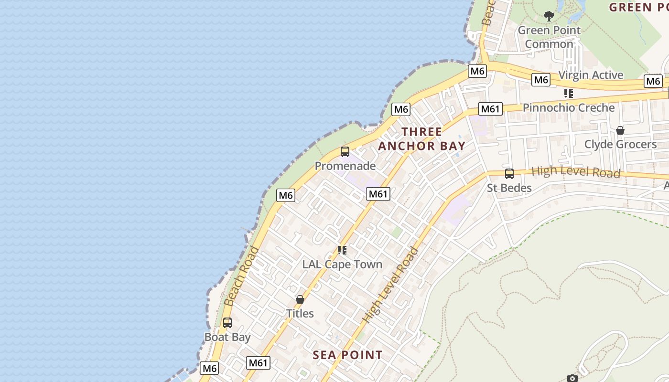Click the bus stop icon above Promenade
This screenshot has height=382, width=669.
[x=345, y=152]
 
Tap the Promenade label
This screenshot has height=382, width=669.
[x=345, y=166]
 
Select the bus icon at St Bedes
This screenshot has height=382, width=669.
[x=509, y=174]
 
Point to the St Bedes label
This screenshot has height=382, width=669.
[x=509, y=188]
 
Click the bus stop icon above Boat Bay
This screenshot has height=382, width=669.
[x=227, y=323]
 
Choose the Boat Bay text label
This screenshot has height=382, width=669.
[x=227, y=337]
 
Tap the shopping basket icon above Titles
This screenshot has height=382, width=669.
[x=300, y=299]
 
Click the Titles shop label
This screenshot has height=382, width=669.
[x=300, y=313]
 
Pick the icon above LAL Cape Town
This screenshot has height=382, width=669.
[x=342, y=250]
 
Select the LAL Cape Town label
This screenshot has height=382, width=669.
[x=342, y=264]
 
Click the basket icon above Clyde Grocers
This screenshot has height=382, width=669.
[x=620, y=130]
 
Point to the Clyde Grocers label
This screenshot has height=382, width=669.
[x=620, y=144]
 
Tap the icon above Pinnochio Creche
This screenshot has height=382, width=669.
[x=569, y=93]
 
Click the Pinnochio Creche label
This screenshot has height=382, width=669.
[x=569, y=107]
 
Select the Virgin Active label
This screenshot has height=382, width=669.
[x=591, y=75]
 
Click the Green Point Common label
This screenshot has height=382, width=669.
[x=549, y=37]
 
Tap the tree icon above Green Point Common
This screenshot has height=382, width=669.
[x=549, y=16]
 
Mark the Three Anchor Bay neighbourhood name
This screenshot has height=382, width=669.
[x=422, y=138]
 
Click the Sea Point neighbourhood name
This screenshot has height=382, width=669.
[x=347, y=355]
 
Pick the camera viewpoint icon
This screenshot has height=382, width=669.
[x=572, y=379]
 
